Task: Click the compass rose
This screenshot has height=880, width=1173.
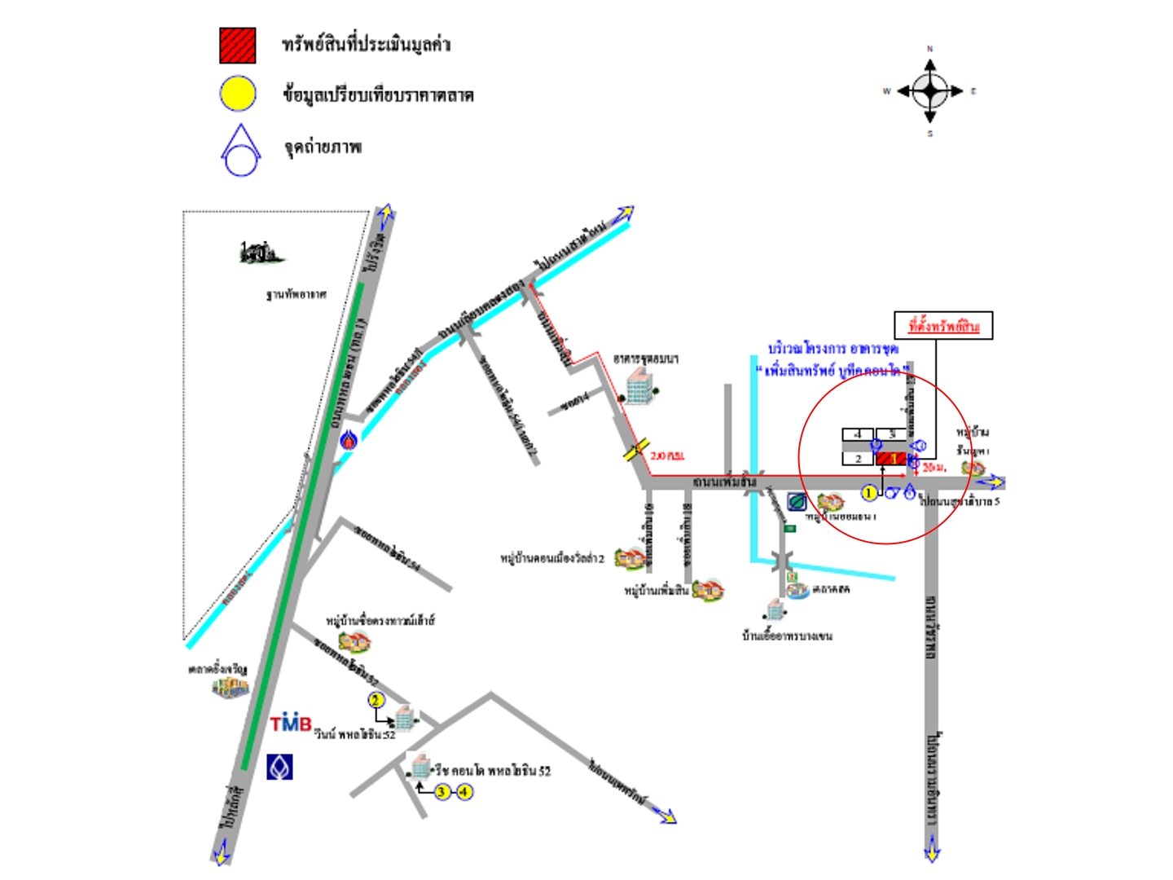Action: [929, 90]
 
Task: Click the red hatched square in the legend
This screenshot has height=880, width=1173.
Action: [237, 46]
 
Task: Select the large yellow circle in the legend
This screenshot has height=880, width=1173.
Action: [238, 94]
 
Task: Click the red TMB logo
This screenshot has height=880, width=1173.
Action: [291, 724]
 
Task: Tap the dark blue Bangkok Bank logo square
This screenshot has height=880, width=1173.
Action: [279, 767]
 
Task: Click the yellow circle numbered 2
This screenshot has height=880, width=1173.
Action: [376, 700]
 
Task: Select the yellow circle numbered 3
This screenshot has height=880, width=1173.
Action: [442, 791]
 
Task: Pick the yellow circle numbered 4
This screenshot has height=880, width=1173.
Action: [464, 791]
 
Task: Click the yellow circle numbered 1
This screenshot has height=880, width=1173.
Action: [869, 492]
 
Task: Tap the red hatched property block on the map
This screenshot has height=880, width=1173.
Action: [891, 459]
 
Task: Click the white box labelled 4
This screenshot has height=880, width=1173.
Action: [857, 434]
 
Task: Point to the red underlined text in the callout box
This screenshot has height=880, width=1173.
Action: [943, 327]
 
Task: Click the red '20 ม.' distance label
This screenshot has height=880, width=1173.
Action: [934, 468]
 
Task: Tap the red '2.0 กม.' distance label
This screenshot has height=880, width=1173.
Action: [667, 455]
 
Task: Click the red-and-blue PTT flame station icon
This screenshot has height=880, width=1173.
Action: [349, 440]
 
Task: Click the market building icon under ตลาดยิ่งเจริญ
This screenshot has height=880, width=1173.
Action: [231, 688]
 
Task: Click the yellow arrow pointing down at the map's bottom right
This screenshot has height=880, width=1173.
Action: [932, 851]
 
